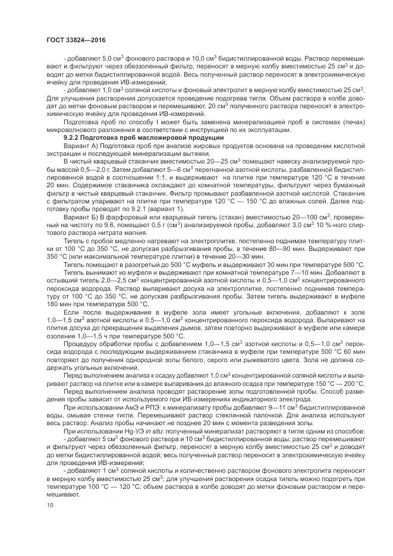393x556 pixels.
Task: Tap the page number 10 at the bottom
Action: [49, 505]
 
